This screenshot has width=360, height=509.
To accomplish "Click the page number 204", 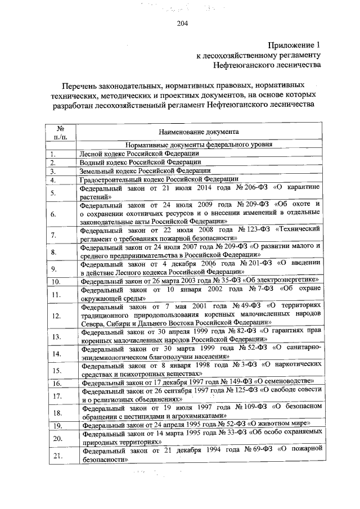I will coord(181,23).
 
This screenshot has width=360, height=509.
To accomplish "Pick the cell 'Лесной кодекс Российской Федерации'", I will coord(139,153).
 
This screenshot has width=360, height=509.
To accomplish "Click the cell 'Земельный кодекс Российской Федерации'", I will coord(146,170).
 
